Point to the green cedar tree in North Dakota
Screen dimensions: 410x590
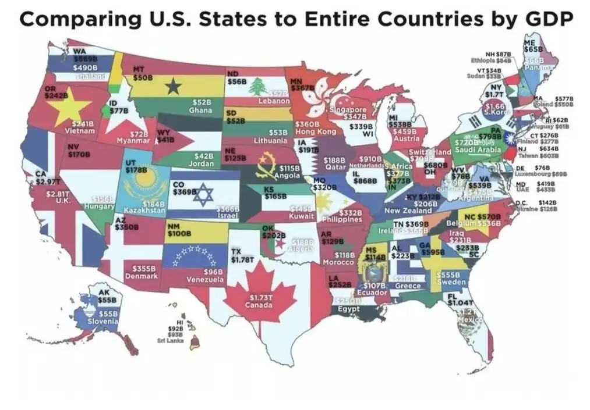(x=257, y=87)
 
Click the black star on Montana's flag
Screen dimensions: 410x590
(x=172, y=87)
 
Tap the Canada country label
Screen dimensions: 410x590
(x=258, y=305)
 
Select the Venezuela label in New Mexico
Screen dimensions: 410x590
(x=205, y=280)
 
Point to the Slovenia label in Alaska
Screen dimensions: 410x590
(x=103, y=321)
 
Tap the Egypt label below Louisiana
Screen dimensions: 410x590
(x=348, y=309)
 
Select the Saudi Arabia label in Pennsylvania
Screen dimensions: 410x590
(x=478, y=150)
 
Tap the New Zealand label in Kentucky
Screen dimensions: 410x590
(x=408, y=211)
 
